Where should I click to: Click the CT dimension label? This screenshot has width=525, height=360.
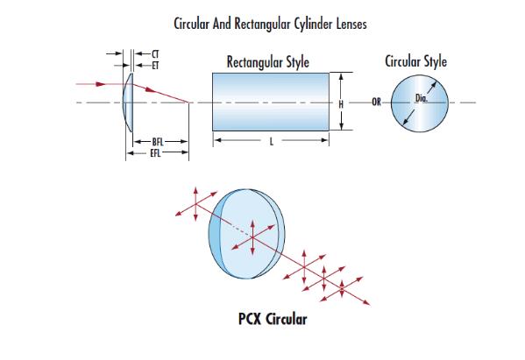pyautogui.click(x=155, y=53)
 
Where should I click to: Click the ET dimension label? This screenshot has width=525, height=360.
pyautogui.click(x=155, y=66)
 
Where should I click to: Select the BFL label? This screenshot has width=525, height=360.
pyautogui.click(x=158, y=142)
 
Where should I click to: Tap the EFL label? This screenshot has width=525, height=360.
pyautogui.click(x=156, y=153)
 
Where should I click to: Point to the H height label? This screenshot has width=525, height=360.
pyautogui.click(x=341, y=105)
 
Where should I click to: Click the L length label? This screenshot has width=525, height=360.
pyautogui.click(x=272, y=142)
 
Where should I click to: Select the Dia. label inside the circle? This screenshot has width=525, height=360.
pyautogui.click(x=422, y=98)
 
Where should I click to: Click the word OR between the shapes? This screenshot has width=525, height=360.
pyautogui.click(x=376, y=102)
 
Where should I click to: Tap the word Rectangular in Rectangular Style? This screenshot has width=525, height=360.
pyautogui.click(x=255, y=62)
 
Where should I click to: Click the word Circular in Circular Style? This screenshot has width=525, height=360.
pyautogui.click(x=403, y=61)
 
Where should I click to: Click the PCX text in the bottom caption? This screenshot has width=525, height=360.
pyautogui.click(x=250, y=319)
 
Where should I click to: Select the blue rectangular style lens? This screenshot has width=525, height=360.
pyautogui.click(x=271, y=102)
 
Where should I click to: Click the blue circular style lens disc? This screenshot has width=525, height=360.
pyautogui.click(x=420, y=103)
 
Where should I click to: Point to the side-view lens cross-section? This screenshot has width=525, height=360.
pyautogui.click(x=128, y=102)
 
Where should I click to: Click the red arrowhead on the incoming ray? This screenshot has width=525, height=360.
pyautogui.click(x=101, y=84)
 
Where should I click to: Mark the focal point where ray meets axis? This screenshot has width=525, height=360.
pyautogui.click(x=188, y=102)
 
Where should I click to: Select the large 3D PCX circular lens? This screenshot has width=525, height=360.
pyautogui.click(x=247, y=234)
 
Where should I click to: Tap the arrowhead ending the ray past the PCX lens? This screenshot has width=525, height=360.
pyautogui.click(x=367, y=302)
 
